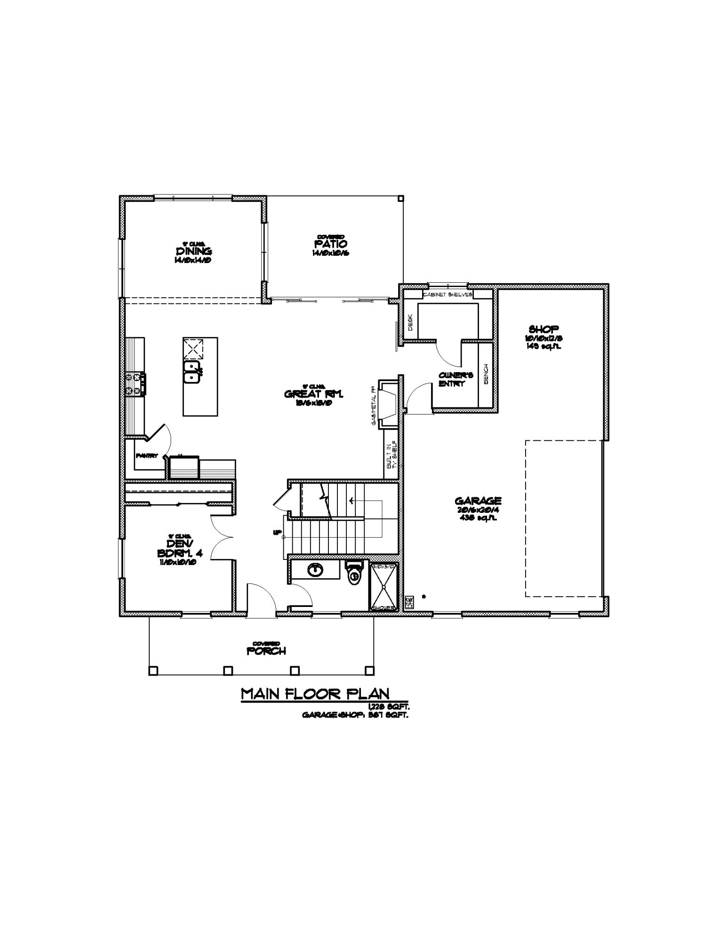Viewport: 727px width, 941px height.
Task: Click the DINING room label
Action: click(x=194, y=251)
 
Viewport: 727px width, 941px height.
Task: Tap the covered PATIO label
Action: click(x=331, y=244)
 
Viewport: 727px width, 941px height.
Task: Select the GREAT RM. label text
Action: click(x=314, y=394)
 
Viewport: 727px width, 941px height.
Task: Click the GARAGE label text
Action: click(x=478, y=501)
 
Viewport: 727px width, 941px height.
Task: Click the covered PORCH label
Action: click(x=266, y=651)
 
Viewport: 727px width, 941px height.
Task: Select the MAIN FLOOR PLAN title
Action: click(x=315, y=694)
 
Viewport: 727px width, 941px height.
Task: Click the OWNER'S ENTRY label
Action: click(x=452, y=379)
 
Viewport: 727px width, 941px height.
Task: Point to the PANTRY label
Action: click(x=146, y=456)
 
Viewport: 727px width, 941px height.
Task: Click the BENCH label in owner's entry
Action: click(x=486, y=373)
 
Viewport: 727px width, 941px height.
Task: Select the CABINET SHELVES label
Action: click(x=447, y=295)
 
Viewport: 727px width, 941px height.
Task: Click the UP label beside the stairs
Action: click(x=277, y=533)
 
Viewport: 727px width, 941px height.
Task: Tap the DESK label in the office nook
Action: click(x=410, y=322)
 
